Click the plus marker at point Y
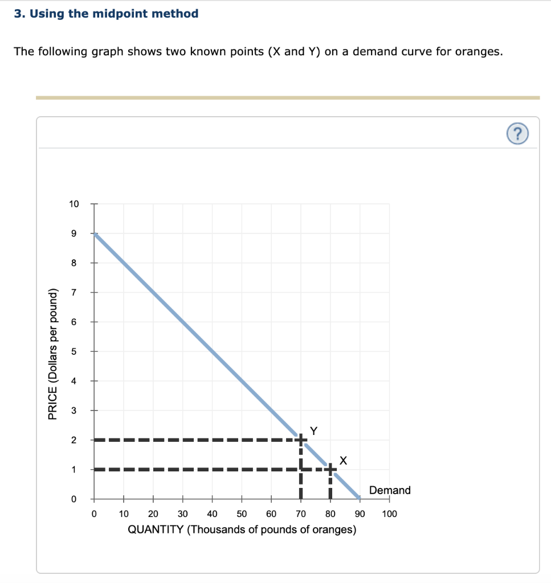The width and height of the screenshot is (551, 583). (x=301, y=440)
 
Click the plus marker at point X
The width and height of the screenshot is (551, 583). (x=330, y=469)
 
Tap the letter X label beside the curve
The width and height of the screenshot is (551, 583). (x=342, y=460)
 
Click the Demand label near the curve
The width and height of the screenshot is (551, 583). (x=390, y=490)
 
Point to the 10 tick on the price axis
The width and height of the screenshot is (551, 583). (x=75, y=204)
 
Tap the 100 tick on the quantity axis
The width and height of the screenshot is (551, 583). (x=390, y=514)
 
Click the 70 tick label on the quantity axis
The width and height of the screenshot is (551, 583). (x=301, y=514)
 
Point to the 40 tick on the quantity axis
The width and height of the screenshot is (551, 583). (x=212, y=514)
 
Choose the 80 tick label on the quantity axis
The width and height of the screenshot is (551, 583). (x=330, y=514)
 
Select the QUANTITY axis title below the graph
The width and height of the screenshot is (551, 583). (x=242, y=530)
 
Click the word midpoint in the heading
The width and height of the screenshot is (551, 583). (x=119, y=14)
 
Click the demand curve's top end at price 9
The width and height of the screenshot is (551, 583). (x=95, y=234)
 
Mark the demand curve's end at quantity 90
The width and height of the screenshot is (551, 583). (x=359, y=498)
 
